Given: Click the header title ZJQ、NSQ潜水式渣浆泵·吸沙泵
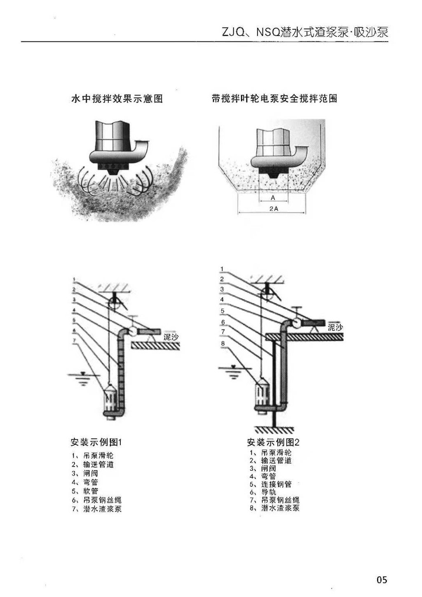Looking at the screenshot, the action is coord(305,32).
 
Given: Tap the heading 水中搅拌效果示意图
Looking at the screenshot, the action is coord(117,99).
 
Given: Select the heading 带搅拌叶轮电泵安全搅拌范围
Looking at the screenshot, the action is coord(274,98).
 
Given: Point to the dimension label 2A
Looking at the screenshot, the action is coord(274,209).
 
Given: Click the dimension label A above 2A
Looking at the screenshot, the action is coord(273,198).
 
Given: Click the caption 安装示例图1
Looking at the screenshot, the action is coord(96,442).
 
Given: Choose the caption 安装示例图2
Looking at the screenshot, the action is coord(273,442).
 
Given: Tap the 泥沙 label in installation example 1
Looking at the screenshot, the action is coord(171,337).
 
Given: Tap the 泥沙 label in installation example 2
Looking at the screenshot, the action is coord(335,327).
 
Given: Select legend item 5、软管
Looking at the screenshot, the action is coord(85,491).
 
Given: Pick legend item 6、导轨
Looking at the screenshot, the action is coord(263,492).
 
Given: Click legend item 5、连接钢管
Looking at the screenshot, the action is coord(270,484).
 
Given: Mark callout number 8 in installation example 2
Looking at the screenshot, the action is coord(223,344).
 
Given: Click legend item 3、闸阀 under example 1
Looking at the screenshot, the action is coord(85,473).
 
